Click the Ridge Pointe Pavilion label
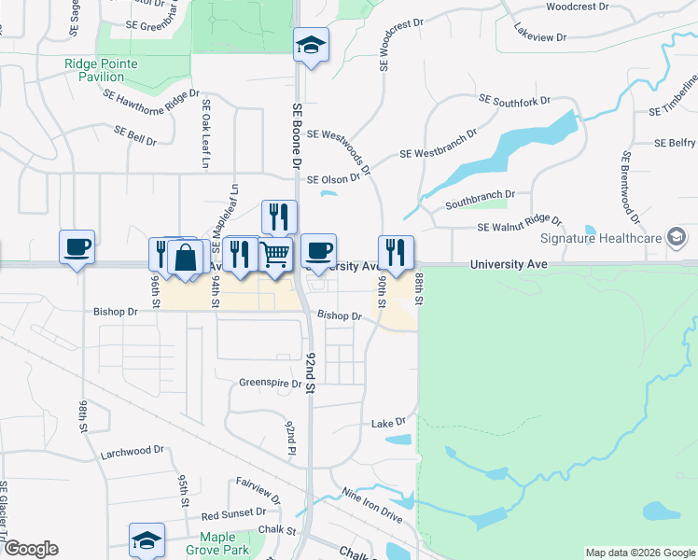tap(101, 70)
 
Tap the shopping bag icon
tap(187, 257)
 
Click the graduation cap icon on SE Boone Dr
tap(310, 45)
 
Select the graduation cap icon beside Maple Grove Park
tap(147, 540)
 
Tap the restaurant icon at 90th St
tap(396, 251)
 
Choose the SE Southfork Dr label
tap(515, 99)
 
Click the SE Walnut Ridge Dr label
tap(520, 225)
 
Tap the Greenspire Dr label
tap(271, 383)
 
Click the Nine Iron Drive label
tap(371, 504)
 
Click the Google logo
tap(31, 549)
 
